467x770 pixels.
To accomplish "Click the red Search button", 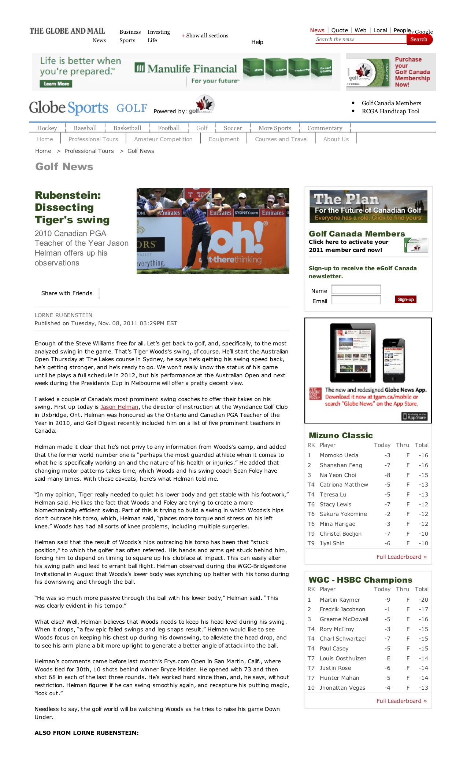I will point(419,40).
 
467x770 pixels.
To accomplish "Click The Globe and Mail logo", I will point(67,31).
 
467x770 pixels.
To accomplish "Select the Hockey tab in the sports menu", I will point(47,128).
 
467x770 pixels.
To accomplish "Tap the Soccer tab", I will point(233,128).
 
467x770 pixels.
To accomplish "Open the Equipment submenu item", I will point(223,139).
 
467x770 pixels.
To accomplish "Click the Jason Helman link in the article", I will point(119,407).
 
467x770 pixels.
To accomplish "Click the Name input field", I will point(356,290).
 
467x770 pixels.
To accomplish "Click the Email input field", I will point(356,300).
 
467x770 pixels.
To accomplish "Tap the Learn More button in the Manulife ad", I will point(56,84).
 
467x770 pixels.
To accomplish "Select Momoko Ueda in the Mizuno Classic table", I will point(339,455).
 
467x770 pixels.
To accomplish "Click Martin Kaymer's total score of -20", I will point(423,600).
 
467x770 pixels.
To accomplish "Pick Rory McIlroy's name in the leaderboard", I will point(337,629).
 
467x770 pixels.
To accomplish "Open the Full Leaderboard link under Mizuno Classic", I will point(401,557).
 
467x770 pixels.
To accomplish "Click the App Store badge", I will point(414,417).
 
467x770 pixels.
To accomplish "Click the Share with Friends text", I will point(67,293).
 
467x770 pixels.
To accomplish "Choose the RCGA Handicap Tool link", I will point(390,111).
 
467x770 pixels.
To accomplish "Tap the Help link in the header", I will point(257,42).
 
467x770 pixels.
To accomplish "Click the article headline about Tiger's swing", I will point(72,208).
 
